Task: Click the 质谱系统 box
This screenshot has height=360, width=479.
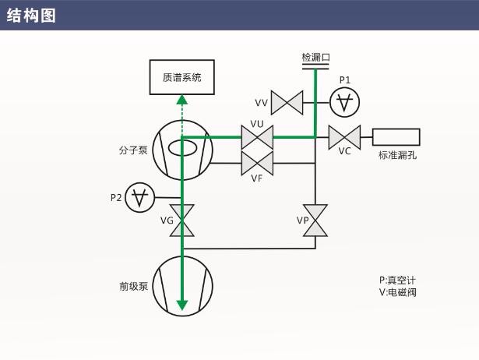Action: [x=181, y=76]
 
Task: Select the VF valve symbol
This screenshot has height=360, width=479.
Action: [x=256, y=163]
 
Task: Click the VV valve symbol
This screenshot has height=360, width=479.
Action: [x=287, y=102]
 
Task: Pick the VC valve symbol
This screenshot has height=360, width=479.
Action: [x=343, y=137]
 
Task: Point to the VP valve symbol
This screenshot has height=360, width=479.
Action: [x=315, y=220]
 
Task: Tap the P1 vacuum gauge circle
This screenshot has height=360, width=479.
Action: [x=344, y=101]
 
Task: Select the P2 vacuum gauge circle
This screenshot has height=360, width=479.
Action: [x=139, y=198]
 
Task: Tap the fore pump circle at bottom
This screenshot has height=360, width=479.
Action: [x=182, y=284]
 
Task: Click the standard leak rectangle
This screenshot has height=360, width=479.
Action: [x=396, y=137]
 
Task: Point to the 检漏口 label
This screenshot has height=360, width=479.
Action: [x=315, y=58]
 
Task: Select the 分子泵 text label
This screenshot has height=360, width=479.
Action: [x=132, y=150]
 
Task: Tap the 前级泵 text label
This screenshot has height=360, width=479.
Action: [x=132, y=286]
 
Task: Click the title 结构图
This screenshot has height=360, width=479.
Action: [x=31, y=16]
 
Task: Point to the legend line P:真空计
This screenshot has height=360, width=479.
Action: [x=403, y=280]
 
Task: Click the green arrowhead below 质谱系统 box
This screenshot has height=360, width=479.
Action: [x=182, y=100]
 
